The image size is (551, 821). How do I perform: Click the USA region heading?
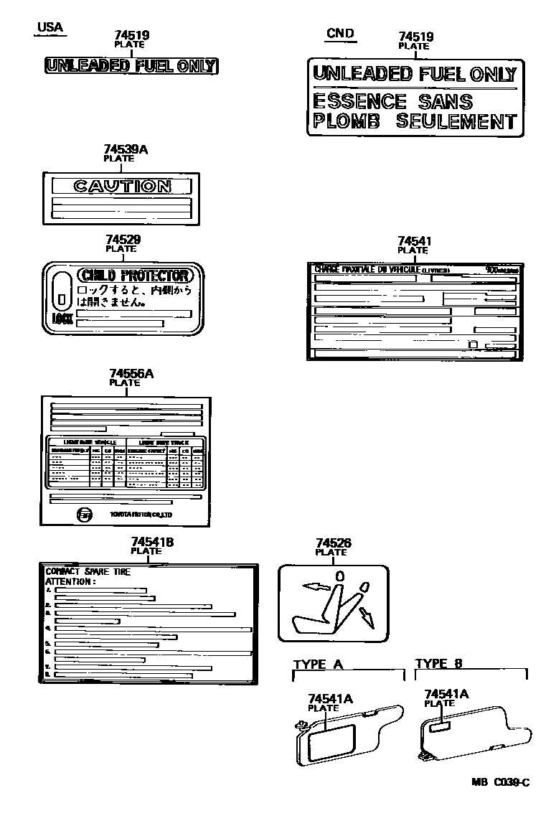tap(50, 28)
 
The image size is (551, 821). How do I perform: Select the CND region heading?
tap(339, 33)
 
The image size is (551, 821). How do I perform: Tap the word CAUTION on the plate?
tap(123, 187)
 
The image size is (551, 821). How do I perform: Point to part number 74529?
tap(123, 240)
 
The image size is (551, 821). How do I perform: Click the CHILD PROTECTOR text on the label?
tap(135, 276)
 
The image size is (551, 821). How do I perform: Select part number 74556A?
tap(131, 373)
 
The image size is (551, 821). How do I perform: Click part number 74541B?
tap(153, 542)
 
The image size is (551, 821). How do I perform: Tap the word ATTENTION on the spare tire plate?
tap(70, 581)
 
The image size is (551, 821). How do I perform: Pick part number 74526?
tap(333, 543)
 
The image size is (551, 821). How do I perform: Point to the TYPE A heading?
tap(319, 664)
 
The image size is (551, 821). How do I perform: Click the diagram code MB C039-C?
tap(500, 782)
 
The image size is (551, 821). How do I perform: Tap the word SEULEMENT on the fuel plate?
tap(456, 121)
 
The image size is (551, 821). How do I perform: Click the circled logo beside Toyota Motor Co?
tap(84, 515)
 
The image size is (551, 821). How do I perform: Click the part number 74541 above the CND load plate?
tap(415, 241)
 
